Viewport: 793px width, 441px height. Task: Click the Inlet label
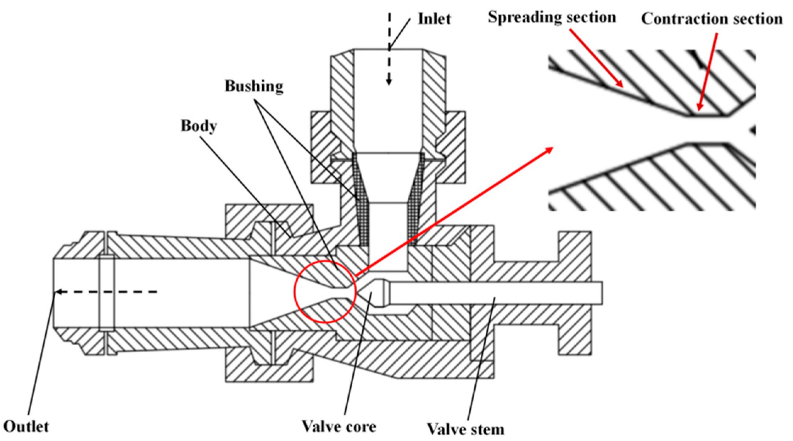tap(434, 19)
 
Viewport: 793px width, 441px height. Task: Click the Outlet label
tap(26, 426)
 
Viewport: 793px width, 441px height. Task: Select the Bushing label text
tap(254, 86)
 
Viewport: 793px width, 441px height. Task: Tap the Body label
tap(199, 126)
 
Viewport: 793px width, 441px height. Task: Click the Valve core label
tap(339, 426)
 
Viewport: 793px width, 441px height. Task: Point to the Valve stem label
tap(465, 429)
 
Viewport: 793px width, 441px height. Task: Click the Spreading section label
tap(552, 17)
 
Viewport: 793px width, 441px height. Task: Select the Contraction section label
tap(711, 19)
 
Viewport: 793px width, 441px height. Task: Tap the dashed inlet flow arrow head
tap(389, 82)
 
